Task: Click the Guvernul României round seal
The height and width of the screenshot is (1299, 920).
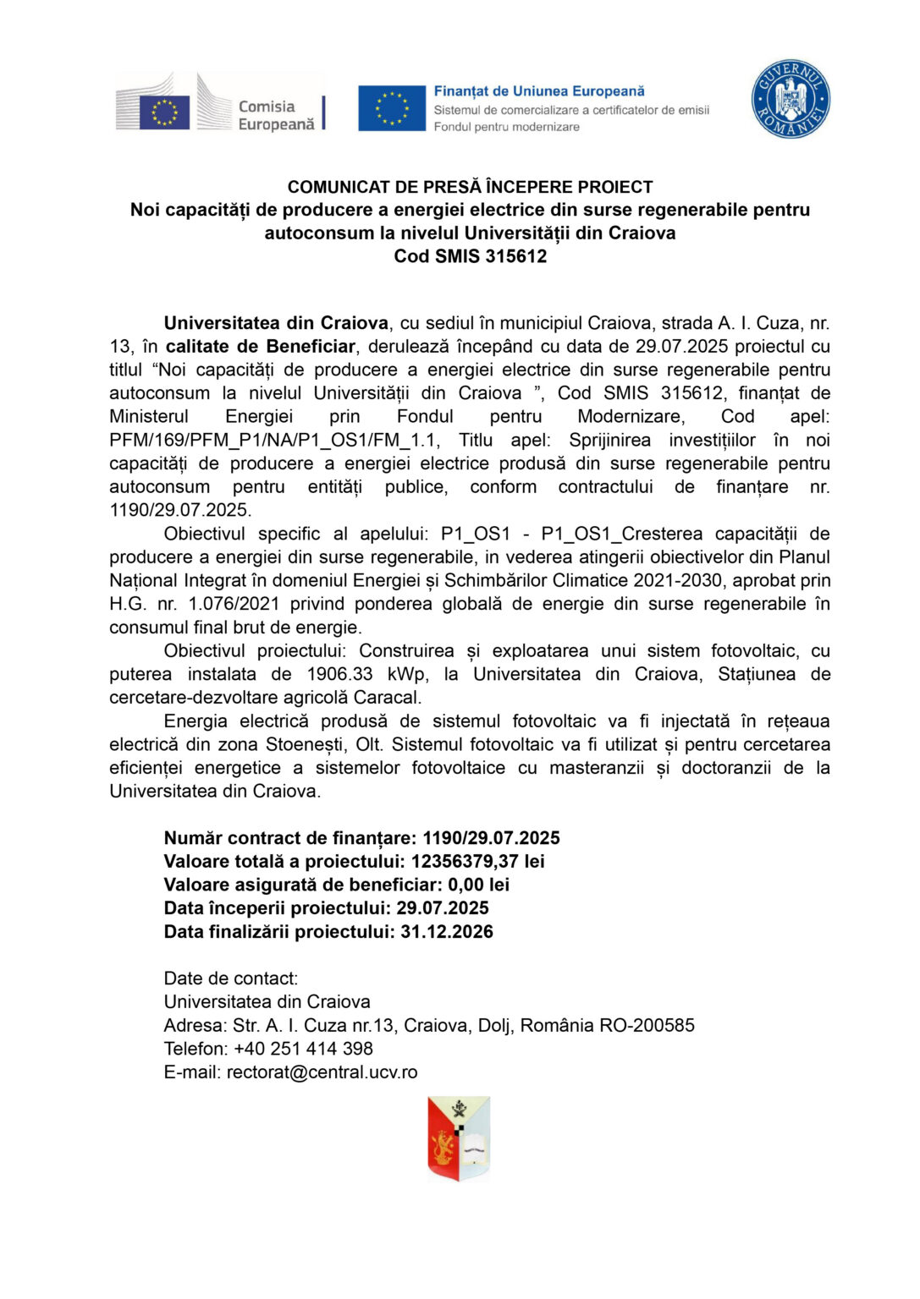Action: (x=791, y=98)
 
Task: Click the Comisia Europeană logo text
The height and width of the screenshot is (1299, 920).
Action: (x=276, y=115)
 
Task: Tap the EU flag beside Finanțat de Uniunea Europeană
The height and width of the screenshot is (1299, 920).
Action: (x=392, y=108)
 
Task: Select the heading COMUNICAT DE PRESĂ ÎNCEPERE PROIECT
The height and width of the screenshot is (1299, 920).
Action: (x=470, y=187)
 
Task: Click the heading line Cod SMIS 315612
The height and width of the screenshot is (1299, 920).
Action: (x=470, y=256)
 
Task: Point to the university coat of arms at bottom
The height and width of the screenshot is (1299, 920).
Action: (x=459, y=1138)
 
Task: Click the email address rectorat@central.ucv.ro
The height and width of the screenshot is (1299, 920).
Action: (x=322, y=1072)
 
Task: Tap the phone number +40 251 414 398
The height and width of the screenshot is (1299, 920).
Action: (x=303, y=1049)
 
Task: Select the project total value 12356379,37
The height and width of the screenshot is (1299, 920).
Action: (x=464, y=862)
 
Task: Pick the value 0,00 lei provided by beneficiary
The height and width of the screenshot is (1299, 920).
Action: (x=478, y=885)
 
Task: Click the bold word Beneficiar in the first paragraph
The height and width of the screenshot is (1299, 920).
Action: (x=311, y=347)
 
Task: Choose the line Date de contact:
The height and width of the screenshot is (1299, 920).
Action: (x=231, y=978)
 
